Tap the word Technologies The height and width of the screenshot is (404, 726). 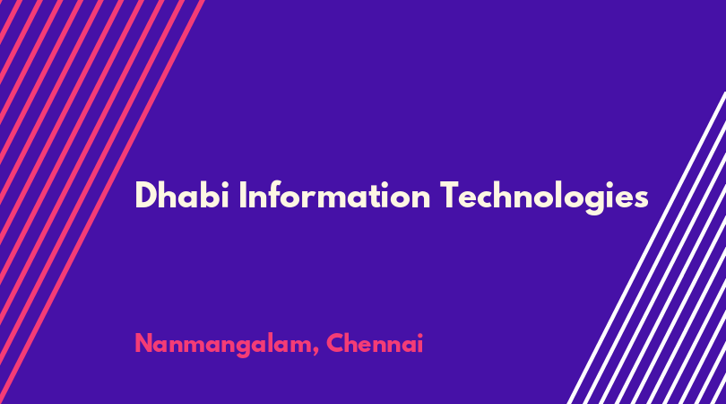pos(544,198)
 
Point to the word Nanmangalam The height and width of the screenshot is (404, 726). pos(222,345)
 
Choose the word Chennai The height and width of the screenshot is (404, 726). pos(375,343)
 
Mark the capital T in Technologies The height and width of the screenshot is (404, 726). pos(450,196)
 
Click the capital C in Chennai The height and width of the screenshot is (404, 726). pos(336,344)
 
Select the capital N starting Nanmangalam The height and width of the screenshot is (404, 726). pos(144,344)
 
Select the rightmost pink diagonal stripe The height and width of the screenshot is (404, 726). pos(102,202)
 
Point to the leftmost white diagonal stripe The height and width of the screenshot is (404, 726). pos(646,248)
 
